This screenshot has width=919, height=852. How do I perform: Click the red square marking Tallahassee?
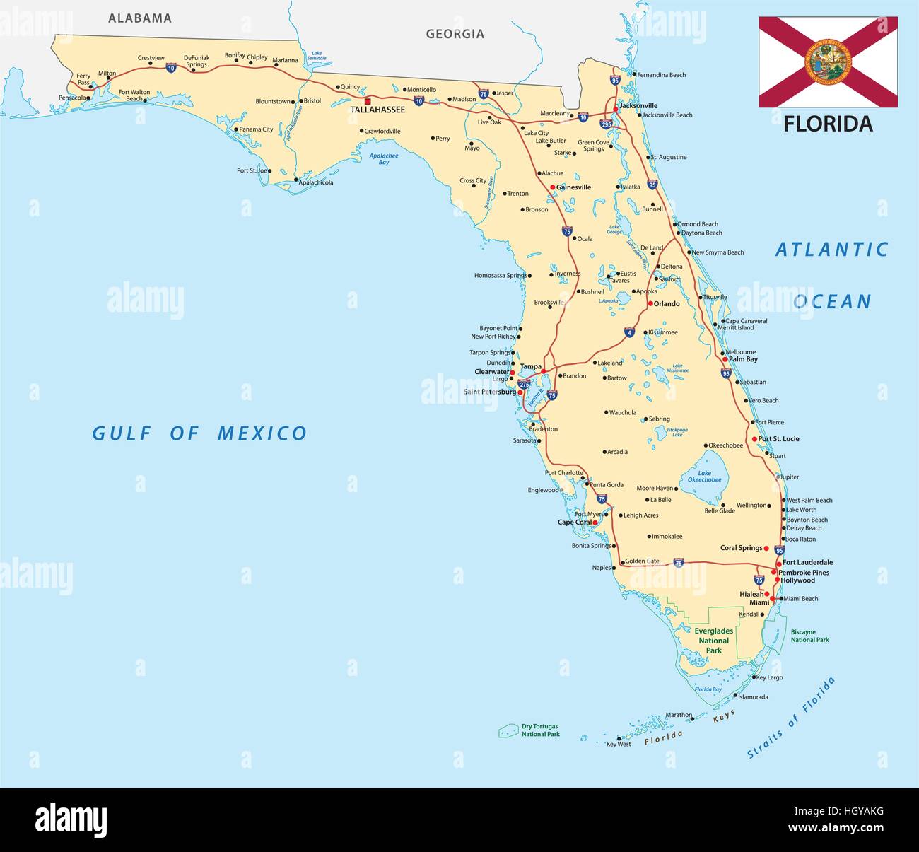pyautogui.click(x=367, y=101)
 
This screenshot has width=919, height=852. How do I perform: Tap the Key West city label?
pyautogui.click(x=619, y=744)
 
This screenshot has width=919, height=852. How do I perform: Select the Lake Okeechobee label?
pyautogui.click(x=705, y=477)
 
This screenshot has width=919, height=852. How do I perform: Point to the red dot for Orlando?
pyautogui.click(x=650, y=303)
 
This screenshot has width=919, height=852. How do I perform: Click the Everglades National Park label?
pyautogui.click(x=713, y=640)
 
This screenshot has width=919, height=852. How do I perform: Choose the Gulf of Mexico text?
pyautogui.click(x=200, y=433)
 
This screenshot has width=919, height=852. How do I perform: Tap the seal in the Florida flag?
pyautogui.click(x=829, y=62)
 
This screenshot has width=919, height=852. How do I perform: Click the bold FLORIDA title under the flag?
pyautogui.click(x=828, y=124)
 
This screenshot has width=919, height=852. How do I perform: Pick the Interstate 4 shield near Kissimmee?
pyautogui.click(x=629, y=332)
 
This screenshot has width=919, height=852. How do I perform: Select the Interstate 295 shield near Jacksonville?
pyautogui.click(x=606, y=124)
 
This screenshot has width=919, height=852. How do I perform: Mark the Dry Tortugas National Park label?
pyautogui.click(x=540, y=730)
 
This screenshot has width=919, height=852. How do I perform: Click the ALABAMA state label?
pyautogui.click(x=139, y=18)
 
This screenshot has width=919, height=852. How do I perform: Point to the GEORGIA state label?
pyautogui.click(x=455, y=33)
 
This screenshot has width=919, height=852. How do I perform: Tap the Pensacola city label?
pyautogui.click(x=72, y=98)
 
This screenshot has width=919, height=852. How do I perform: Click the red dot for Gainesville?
pyautogui.click(x=553, y=187)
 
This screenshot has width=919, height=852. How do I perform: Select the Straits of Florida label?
pyautogui.click(x=792, y=717)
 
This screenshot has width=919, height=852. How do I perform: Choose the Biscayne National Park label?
pyautogui.click(x=809, y=636)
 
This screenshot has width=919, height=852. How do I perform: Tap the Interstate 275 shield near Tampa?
pyautogui.click(x=524, y=384)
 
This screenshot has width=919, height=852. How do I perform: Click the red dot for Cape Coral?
pyautogui.click(x=595, y=523)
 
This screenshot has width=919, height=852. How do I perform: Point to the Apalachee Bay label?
pyautogui.click(x=384, y=159)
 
